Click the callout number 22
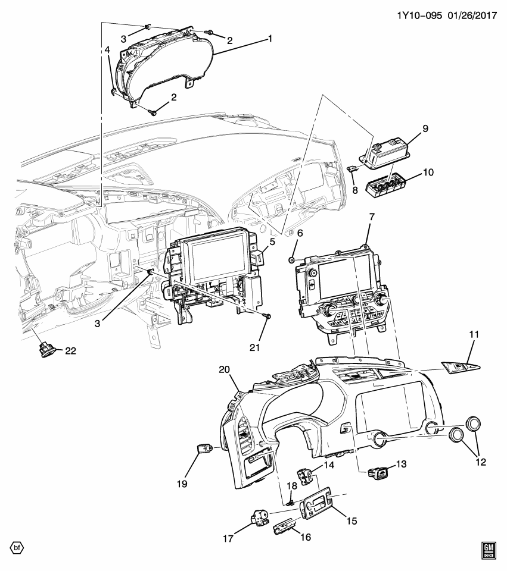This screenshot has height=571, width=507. [71, 351]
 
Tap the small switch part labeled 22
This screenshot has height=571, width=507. [48, 350]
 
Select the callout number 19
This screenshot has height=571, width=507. [182, 484]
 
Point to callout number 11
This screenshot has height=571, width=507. [474, 335]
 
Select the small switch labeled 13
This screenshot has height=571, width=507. [378, 473]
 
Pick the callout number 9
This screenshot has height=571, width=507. [425, 128]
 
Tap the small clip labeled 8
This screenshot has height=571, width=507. [352, 168]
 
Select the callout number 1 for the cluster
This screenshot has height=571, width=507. [269, 39]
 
